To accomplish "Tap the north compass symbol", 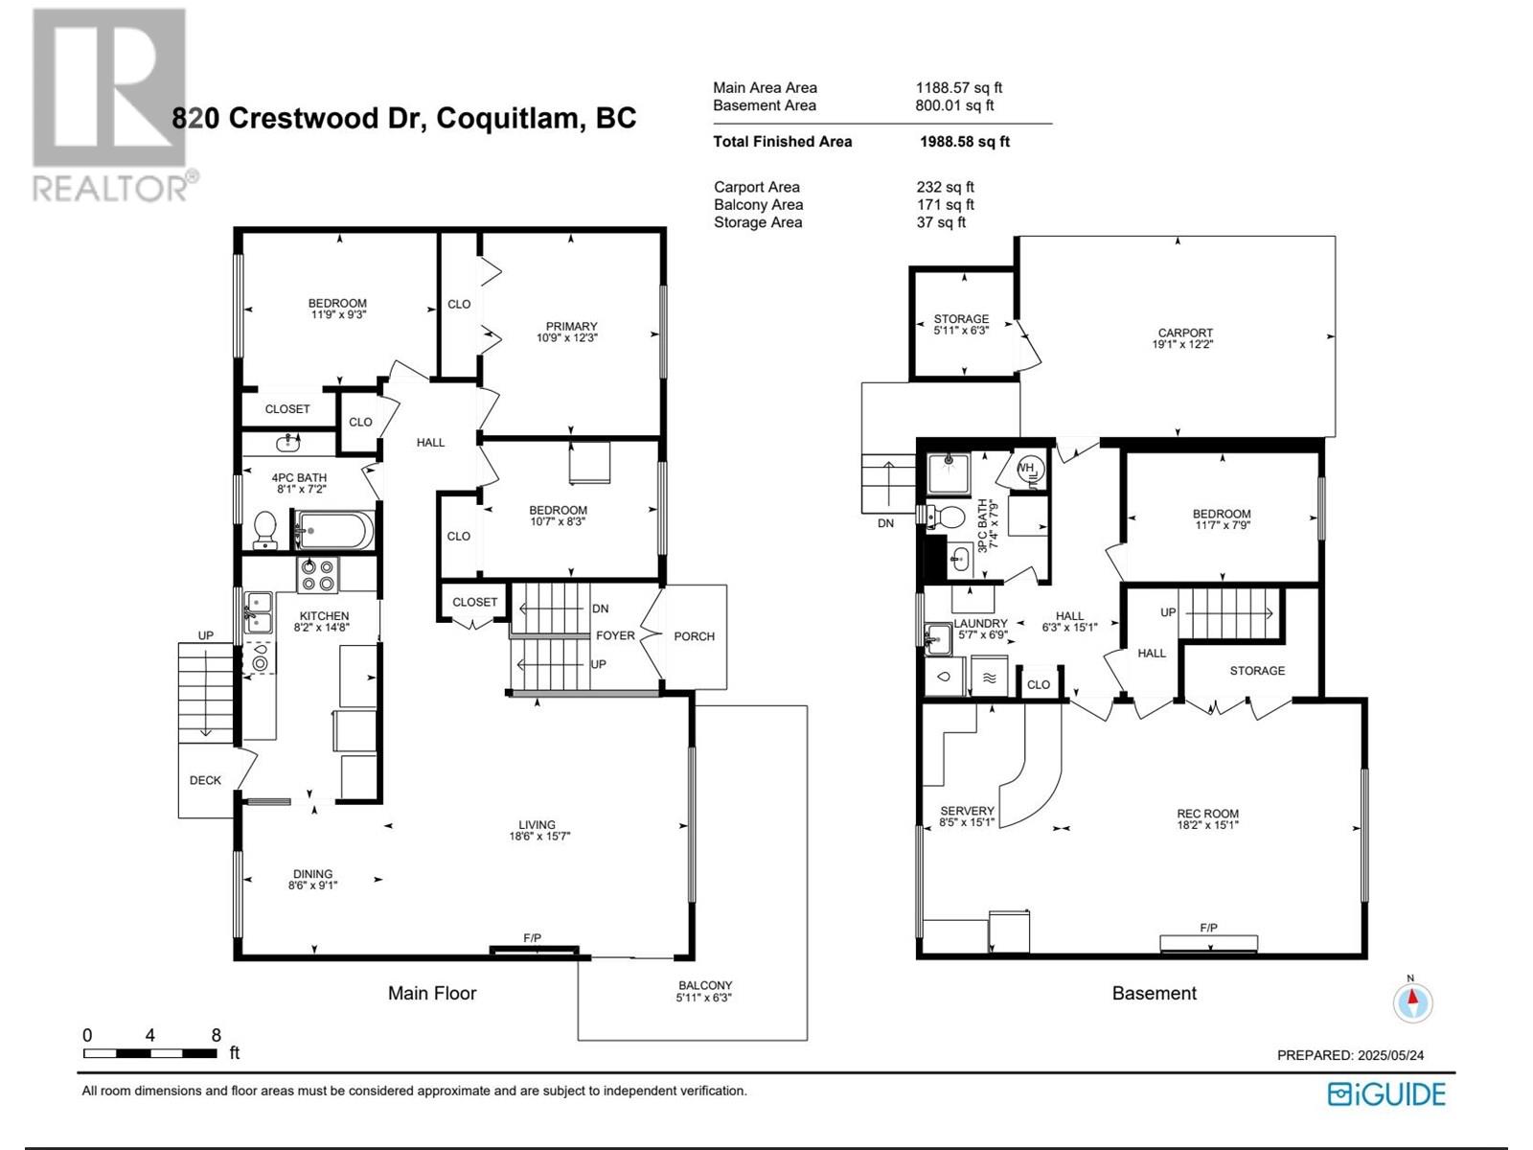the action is [1412, 1002].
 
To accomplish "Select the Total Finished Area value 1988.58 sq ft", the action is [965, 142].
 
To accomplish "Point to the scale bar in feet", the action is [150, 1052].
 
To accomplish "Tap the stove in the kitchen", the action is [317, 575].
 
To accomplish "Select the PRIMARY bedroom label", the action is [571, 326].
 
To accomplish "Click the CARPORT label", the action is [1185, 333].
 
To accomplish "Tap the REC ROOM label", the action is [1207, 814].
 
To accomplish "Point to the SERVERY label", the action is [967, 811].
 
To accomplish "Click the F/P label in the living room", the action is [532, 938].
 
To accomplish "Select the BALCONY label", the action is [704, 985].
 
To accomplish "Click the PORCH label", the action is [695, 636].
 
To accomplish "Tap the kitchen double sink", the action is [258, 612].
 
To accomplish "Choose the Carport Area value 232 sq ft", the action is [945, 187].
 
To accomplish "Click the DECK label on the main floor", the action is [205, 780].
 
